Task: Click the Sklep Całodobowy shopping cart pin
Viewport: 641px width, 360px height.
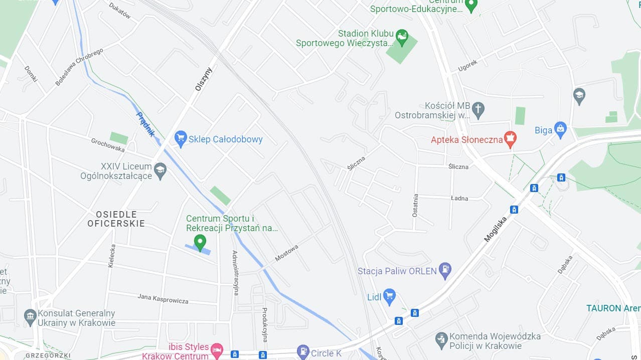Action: [x=181, y=139]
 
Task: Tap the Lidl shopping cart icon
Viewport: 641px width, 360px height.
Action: [x=389, y=296]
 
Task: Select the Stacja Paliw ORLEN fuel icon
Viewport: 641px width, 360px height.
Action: [x=444, y=271]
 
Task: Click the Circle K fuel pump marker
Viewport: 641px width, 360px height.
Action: [x=303, y=352]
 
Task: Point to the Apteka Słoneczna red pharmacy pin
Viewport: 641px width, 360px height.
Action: [x=510, y=139]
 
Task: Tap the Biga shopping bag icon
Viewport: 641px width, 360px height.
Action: [x=560, y=130]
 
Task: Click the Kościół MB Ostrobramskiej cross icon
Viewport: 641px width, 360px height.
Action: [x=478, y=110]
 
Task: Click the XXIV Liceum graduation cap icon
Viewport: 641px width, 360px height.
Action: [x=160, y=170]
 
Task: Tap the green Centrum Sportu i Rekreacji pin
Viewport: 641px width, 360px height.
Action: [x=200, y=242]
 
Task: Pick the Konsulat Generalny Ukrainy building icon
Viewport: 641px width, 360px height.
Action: [x=30, y=317]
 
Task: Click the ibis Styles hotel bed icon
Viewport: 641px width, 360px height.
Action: [x=217, y=350]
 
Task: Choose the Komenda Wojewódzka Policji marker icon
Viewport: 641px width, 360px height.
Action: [x=441, y=340]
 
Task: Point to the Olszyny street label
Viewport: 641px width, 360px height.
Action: [x=204, y=79]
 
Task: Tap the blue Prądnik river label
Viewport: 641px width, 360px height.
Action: [x=146, y=125]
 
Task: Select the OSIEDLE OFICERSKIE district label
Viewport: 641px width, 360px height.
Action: [x=116, y=219]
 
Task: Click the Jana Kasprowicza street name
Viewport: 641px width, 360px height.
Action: [x=163, y=299]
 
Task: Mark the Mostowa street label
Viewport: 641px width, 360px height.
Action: [x=286, y=253]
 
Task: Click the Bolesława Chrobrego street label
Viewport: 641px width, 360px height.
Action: [x=79, y=67]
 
